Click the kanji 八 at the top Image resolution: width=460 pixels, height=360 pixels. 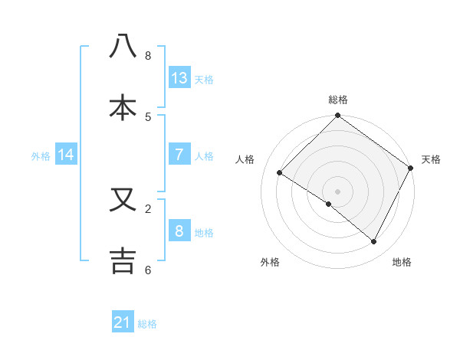point(123,47)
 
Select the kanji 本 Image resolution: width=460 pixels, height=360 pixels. point(123,107)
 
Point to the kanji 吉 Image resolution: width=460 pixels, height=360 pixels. point(123,260)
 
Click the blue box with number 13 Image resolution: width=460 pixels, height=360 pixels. point(179,78)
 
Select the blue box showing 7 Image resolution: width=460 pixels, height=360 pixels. point(179,155)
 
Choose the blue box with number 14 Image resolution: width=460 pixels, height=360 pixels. point(66,155)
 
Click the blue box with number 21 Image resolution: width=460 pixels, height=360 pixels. point(123,322)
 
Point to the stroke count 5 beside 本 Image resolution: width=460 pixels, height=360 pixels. point(148,117)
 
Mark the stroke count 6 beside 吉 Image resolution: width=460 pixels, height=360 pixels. point(148,270)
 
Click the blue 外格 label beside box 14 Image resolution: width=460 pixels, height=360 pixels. point(41,155)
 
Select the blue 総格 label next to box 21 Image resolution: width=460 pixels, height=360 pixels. point(147,324)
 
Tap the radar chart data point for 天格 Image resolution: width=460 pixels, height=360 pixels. point(411,168)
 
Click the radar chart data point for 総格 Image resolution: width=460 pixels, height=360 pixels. point(338,116)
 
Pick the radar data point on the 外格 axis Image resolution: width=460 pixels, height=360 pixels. point(329,205)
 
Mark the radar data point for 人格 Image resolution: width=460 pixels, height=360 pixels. point(280,173)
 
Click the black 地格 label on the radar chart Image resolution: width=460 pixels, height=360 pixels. point(402,262)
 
